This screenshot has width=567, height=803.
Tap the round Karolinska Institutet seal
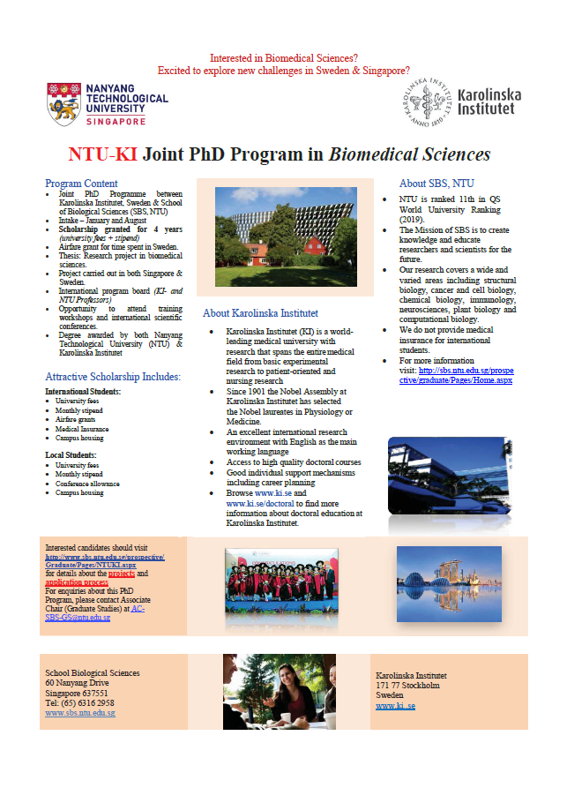428,104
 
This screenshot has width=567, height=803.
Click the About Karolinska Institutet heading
260,312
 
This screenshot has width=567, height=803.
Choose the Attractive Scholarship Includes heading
113,377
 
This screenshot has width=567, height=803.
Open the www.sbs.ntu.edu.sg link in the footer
79,712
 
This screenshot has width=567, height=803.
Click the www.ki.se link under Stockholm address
395,706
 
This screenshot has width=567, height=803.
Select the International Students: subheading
83,391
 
